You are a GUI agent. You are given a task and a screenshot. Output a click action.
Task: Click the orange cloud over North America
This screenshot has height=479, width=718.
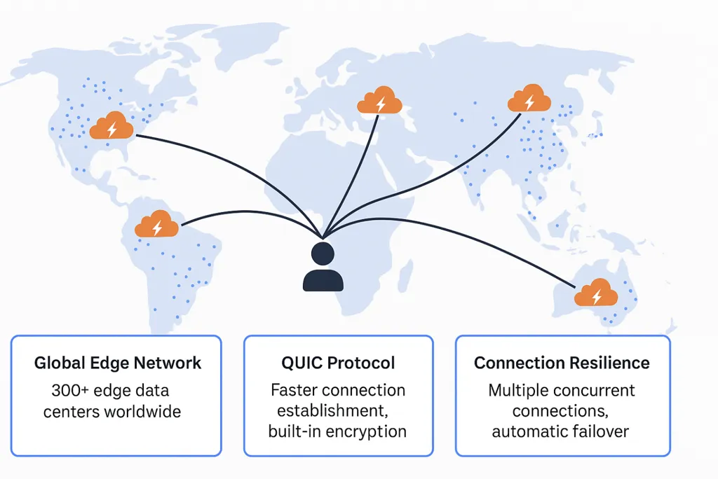coord(111,126)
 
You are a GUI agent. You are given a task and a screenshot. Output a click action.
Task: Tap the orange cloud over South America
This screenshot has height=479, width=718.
coord(157,224)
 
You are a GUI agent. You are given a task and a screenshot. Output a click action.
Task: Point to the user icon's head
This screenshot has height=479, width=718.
coord(323,254)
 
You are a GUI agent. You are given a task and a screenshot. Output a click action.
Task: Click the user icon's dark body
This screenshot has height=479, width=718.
coord(323,280)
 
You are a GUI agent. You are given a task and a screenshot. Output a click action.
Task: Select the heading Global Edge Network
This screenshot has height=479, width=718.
coord(118,363)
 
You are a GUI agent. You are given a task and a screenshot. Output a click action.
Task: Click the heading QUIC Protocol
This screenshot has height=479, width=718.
coord(338,363)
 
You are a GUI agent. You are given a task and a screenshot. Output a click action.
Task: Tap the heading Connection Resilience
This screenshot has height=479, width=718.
coord(562,363)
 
